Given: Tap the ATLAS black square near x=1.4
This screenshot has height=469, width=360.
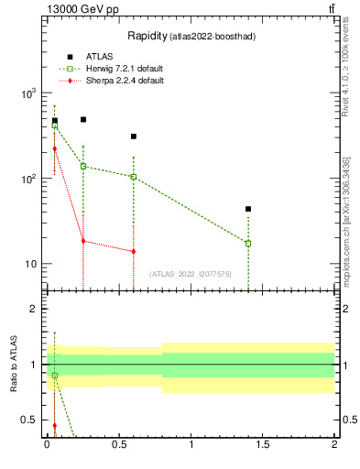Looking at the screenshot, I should coord(248,209).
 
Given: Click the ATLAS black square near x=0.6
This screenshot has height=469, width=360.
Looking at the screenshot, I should coord(134,136).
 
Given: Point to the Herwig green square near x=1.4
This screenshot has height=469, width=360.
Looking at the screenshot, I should coord(248,243).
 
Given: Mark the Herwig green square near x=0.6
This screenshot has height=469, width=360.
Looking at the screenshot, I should coord(134,177).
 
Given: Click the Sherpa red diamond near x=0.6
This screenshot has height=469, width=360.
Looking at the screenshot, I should coord(134,251).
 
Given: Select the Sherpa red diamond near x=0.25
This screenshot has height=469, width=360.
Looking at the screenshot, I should coord(83,241).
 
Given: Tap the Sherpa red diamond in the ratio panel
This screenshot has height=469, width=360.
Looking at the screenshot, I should coord(55,425).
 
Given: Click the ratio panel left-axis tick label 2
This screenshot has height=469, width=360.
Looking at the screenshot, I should coord(34,309).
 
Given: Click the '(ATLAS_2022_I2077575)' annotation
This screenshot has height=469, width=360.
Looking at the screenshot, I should coord(191,274).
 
